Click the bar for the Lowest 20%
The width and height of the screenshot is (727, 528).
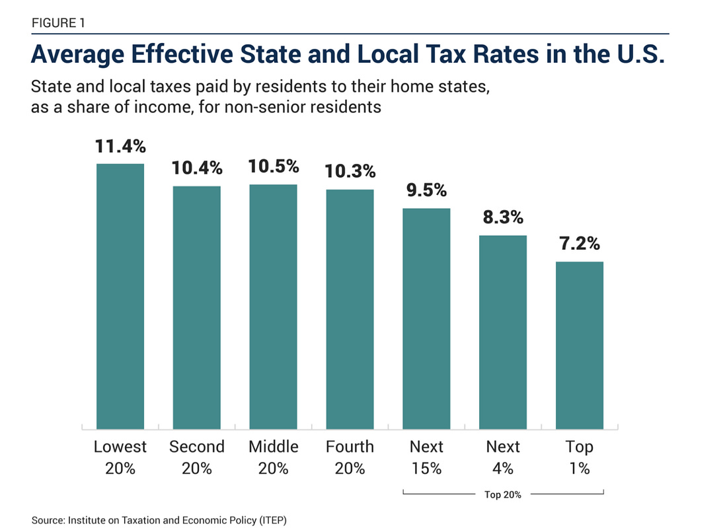click(120, 297)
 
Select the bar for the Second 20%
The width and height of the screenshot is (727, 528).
click(197, 308)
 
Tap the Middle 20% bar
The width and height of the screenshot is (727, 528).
click(273, 307)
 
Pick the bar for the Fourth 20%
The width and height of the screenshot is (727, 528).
click(350, 310)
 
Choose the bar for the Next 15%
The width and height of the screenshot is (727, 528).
click(426, 319)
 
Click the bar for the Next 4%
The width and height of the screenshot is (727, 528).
click(503, 332)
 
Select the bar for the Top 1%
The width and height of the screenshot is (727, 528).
click(580, 346)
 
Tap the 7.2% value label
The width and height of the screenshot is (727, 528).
click(580, 244)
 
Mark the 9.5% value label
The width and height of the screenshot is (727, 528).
click(426, 191)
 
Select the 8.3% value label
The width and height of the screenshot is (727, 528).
click(503, 217)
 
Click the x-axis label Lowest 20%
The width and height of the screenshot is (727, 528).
click(120, 457)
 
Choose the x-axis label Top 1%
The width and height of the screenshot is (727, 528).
click(580, 457)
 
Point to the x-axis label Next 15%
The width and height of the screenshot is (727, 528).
click(426, 457)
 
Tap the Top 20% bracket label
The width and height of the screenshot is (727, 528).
click(503, 494)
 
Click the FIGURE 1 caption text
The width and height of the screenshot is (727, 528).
click(57, 23)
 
